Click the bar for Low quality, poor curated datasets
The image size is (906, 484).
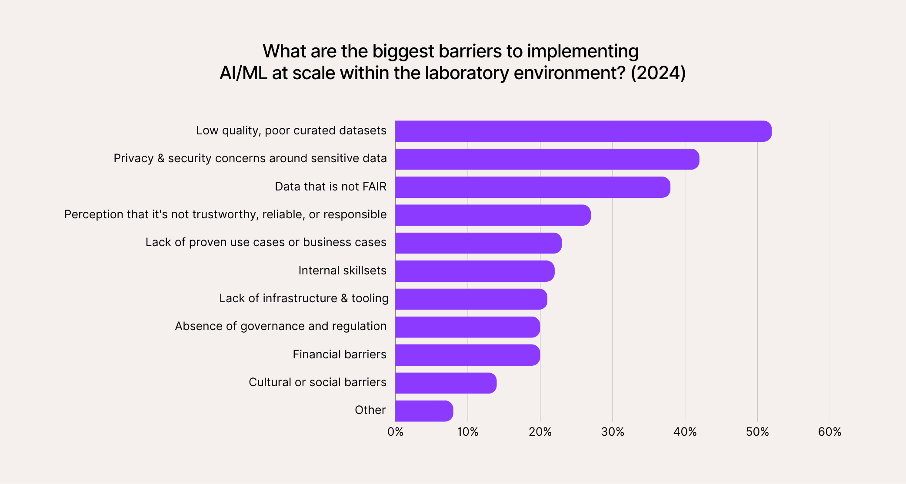tap(583, 131)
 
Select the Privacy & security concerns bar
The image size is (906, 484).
tap(547, 159)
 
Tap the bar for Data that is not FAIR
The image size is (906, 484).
tap(532, 187)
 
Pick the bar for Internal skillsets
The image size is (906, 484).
tap(475, 271)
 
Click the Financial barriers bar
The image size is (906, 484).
tap(467, 355)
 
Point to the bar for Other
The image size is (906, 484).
tap(424, 411)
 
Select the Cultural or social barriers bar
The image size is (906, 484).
tap(446, 383)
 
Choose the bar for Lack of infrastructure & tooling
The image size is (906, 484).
tap(471, 299)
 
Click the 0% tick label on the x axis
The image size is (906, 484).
tap(395, 432)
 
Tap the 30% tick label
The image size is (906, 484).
tap(613, 432)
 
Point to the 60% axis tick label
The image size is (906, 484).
tap(829, 432)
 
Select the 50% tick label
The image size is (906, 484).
tap(757, 432)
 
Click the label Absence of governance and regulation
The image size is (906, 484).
tap(280, 326)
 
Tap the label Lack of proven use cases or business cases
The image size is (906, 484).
tap(266, 242)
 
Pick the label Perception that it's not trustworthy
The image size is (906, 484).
tap(225, 214)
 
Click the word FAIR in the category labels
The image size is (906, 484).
tap(374, 187)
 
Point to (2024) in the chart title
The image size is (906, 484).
tap(658, 73)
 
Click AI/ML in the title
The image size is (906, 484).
tap(243, 73)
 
